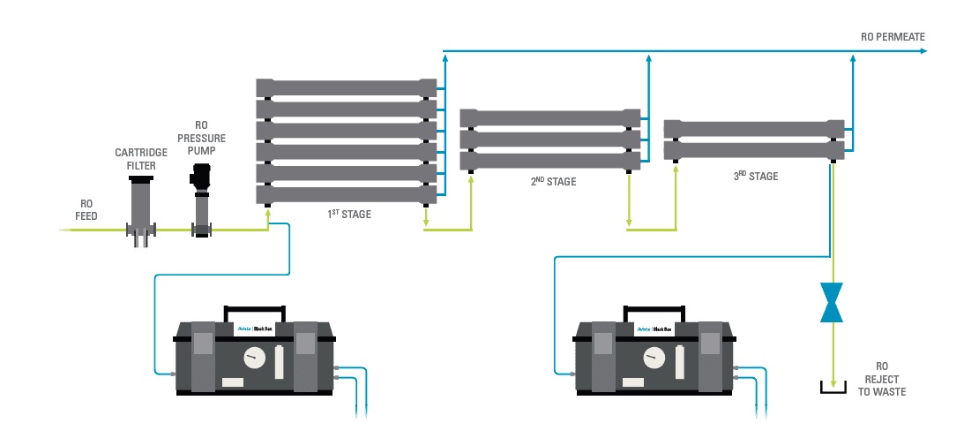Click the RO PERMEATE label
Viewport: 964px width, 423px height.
[x=893, y=37]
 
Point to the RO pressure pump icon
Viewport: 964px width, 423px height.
[x=202, y=200]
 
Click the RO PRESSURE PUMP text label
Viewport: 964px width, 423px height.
[x=201, y=138]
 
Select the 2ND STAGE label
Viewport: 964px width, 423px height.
[x=553, y=182]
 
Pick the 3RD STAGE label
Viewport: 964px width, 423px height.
[x=756, y=177]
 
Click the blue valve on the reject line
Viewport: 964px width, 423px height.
[x=831, y=303]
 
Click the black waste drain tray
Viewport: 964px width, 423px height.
[x=829, y=388]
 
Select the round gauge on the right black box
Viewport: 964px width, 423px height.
[x=654, y=358]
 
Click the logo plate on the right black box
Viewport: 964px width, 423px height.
[x=656, y=330]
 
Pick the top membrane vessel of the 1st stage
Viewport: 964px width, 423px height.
[x=346, y=87]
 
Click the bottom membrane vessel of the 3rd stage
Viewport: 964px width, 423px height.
[x=754, y=150]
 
